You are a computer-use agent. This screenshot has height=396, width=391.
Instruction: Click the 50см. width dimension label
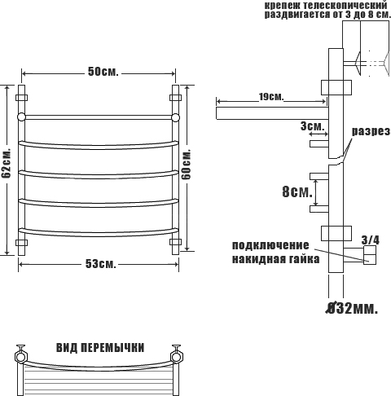103,72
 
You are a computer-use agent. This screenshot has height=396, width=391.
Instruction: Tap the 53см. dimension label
101,264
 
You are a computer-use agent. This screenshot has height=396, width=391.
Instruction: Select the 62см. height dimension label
6,163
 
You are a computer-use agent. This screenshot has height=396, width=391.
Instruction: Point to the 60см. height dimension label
187,164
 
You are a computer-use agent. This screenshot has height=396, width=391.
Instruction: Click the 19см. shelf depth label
271,97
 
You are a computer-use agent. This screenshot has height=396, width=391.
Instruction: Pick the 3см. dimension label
313,126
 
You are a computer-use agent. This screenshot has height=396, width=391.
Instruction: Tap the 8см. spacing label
297,191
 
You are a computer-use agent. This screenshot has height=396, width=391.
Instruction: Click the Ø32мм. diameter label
352,309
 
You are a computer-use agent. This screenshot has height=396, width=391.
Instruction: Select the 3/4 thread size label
371,240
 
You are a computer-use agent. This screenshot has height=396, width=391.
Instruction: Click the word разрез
371,132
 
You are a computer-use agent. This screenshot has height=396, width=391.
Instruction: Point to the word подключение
270,245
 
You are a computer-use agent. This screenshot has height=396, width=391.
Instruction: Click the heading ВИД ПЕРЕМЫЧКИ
100,348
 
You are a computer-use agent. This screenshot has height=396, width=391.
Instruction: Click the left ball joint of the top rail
21,117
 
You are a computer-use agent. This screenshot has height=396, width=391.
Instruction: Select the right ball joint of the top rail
175,117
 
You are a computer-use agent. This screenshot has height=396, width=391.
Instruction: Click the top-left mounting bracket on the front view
21,98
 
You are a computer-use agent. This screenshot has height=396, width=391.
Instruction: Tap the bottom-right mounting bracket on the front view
175,242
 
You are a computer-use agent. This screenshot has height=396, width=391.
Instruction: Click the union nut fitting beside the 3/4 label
370,255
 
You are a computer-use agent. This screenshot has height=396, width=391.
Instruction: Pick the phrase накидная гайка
275,259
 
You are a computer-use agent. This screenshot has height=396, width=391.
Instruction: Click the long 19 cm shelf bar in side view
272,113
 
